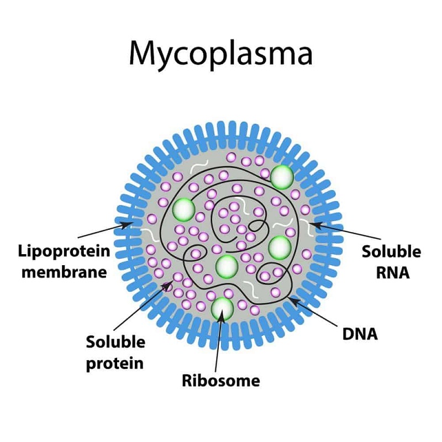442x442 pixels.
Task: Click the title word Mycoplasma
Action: point(220,54)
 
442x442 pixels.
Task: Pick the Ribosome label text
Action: point(221,380)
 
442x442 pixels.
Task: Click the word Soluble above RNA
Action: point(391,252)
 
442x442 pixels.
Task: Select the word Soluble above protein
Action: point(115,343)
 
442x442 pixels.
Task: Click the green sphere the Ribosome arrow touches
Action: point(223,308)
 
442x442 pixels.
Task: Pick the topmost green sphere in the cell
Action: point(282,176)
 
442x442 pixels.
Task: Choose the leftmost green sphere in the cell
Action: point(183,210)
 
